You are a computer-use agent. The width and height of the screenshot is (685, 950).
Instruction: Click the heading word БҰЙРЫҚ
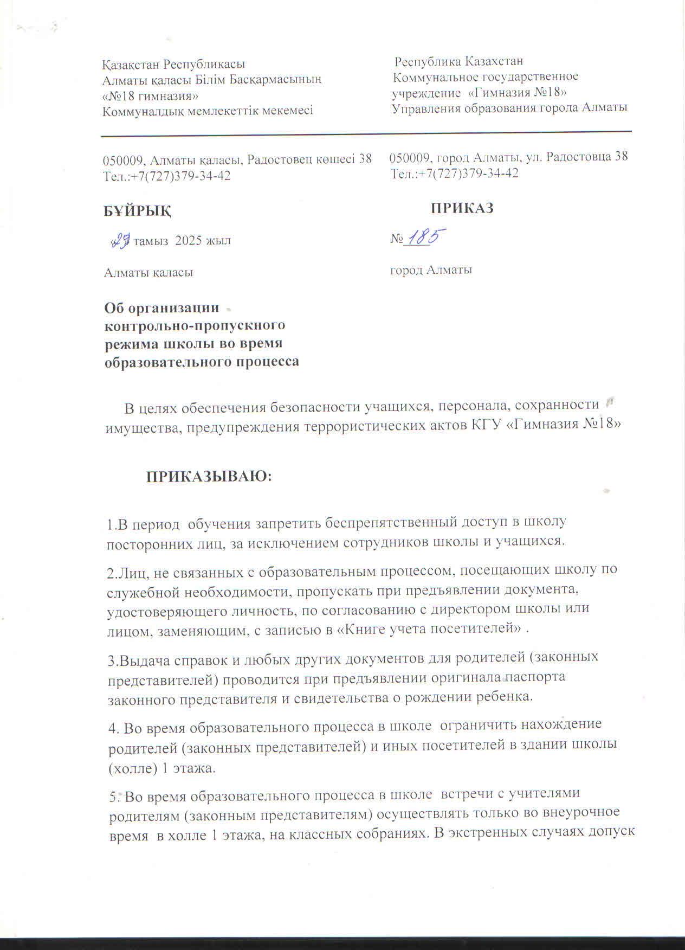point(138,210)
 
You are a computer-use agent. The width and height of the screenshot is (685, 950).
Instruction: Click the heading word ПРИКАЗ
point(462,208)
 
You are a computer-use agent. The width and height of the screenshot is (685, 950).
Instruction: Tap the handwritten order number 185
point(425,239)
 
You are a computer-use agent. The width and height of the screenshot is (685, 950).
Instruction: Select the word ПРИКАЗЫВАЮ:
point(209,477)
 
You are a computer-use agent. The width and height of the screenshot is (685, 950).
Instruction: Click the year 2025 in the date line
point(190,240)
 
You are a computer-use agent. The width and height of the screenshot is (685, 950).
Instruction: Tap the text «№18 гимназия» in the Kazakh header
point(150,96)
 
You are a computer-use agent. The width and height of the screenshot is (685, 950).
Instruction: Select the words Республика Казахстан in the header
point(458,61)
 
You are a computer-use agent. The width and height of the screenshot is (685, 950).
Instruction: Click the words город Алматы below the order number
point(431,269)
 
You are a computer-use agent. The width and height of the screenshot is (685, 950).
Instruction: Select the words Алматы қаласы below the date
point(148,272)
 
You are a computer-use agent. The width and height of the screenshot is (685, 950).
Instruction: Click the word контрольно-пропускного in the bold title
point(195,326)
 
